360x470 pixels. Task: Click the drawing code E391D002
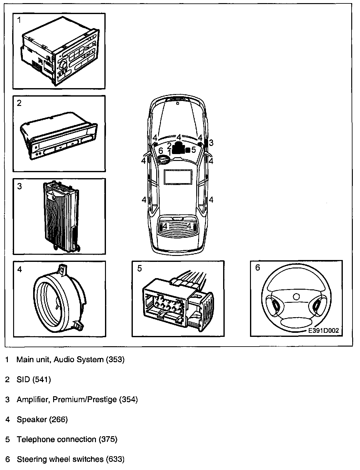coord(323,330)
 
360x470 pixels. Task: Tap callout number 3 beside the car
coord(211,143)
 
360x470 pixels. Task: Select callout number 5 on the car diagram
coord(194,150)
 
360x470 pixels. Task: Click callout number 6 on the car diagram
coord(161,151)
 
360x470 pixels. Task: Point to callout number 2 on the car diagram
coord(169,145)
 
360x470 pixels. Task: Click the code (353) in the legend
coord(115,359)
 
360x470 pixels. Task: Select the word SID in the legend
coord(23,379)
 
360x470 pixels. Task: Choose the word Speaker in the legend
coord(32,419)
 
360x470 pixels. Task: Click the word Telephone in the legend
coord(36,439)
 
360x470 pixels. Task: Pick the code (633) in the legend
coord(115,459)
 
